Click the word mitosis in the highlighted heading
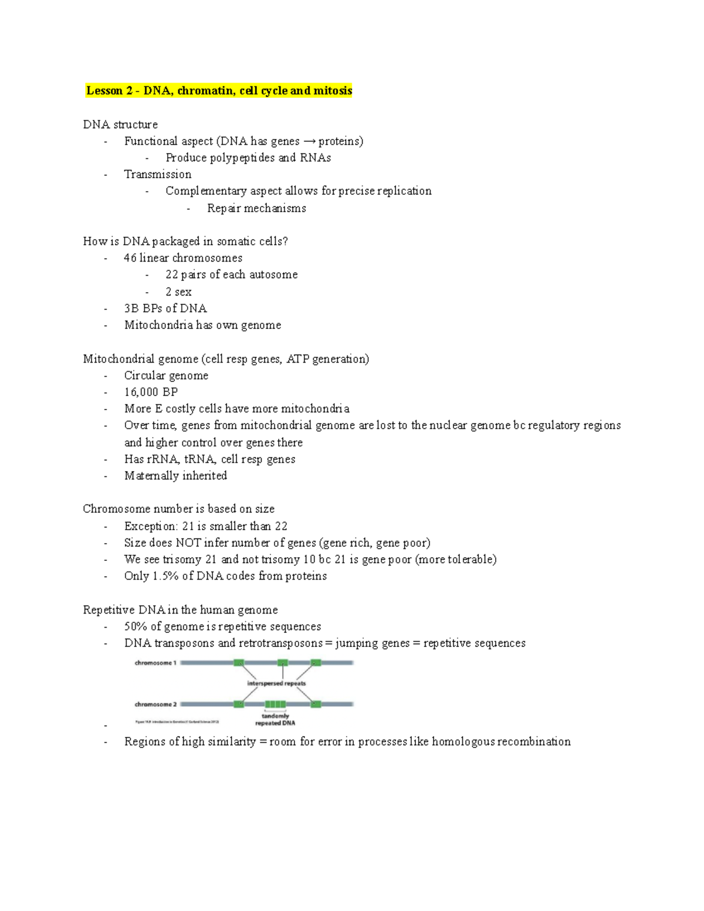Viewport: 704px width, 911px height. (332, 90)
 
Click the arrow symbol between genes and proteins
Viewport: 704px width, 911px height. (309, 141)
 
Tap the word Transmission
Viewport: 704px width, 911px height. (157, 174)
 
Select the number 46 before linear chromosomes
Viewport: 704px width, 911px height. (130, 258)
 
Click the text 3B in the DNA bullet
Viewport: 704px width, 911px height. (131, 309)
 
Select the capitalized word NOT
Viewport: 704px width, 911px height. (188, 543)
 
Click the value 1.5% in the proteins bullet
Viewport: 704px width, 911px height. (165, 576)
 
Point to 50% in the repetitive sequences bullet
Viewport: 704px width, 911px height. (136, 626)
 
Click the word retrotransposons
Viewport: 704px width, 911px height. (280, 643)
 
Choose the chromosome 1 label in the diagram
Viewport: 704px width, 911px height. (155, 663)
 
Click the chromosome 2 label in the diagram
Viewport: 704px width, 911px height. (155, 704)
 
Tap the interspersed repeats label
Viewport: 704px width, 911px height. (276, 683)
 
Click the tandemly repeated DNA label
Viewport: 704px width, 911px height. (275, 720)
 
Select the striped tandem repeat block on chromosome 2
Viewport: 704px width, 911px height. (275, 704)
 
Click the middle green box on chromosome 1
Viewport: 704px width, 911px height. (283, 663)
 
